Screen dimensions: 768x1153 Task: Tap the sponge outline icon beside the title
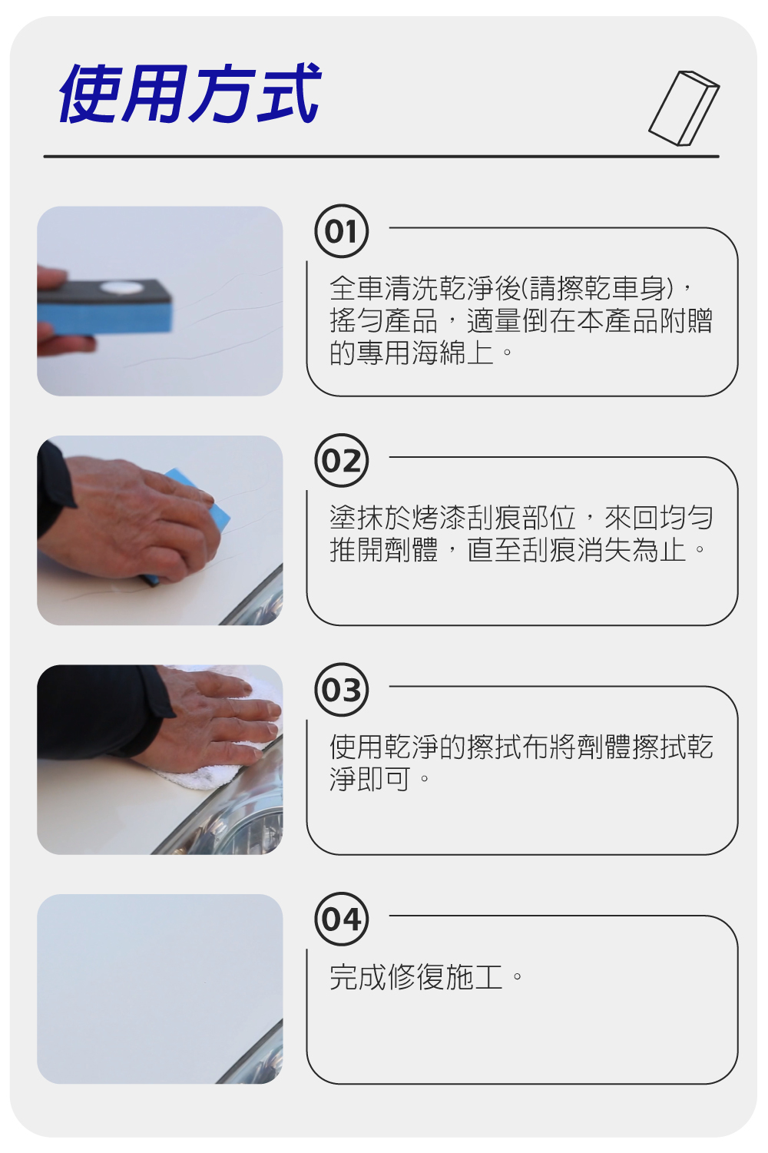click(684, 108)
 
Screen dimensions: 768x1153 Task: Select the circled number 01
click(341, 231)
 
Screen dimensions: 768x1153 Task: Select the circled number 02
click(341, 460)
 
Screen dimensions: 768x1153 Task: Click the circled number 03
click(341, 690)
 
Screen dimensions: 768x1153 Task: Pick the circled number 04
click(341, 919)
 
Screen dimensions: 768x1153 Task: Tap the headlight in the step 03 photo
click(232, 813)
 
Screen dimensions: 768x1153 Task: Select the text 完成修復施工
click(416, 977)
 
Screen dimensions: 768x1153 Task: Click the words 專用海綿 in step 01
click(412, 353)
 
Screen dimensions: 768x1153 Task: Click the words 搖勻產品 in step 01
click(384, 320)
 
